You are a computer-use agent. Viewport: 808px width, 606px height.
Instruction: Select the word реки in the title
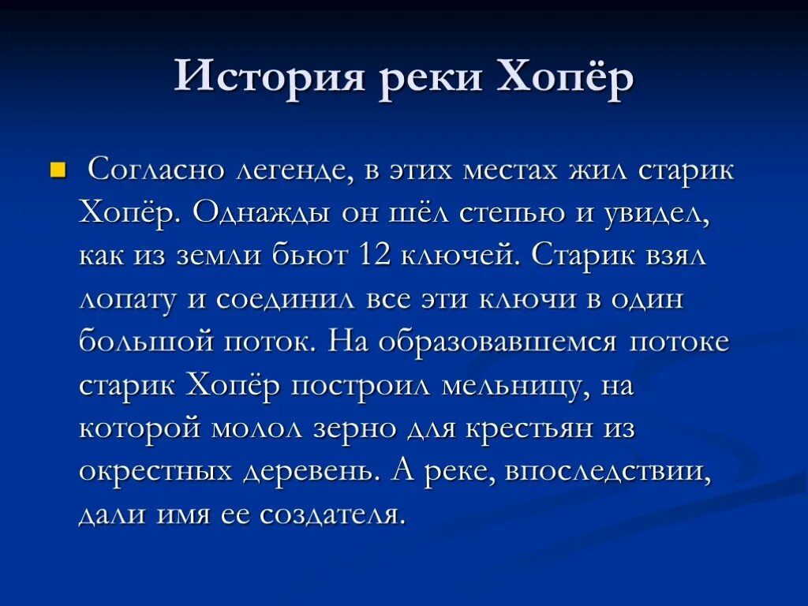[x=426, y=80]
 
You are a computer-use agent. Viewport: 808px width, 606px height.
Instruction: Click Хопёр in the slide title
[x=566, y=79]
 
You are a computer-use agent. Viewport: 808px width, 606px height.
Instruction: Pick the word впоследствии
[x=608, y=472]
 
